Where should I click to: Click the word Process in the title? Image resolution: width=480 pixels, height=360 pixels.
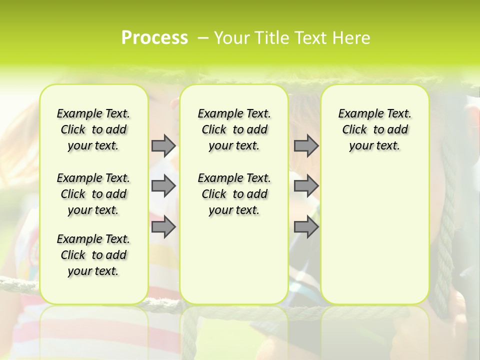point(154,38)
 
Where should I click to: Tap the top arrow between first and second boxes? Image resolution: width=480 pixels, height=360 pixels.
point(163,145)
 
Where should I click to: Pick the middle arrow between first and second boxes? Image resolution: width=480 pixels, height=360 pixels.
point(163,186)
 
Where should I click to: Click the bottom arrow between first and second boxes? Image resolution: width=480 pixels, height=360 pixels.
point(163,227)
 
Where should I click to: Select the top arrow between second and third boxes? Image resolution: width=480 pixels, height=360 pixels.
point(306,145)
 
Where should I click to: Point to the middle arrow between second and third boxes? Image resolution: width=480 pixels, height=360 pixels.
point(306,186)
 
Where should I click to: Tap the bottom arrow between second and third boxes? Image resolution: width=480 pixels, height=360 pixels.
point(306,227)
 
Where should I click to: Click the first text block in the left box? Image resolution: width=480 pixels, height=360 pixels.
point(93,129)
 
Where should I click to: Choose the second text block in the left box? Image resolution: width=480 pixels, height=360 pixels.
point(93,194)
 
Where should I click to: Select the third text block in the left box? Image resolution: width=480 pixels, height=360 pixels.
point(93,255)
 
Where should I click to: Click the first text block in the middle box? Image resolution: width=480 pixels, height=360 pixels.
point(234,129)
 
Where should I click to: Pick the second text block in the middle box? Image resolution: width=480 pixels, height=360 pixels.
point(234,194)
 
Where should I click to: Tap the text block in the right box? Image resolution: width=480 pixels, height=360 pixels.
point(375,129)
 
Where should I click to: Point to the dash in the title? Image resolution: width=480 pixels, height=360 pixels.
point(203,38)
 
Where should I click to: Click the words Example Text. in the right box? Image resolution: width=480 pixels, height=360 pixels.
point(375,114)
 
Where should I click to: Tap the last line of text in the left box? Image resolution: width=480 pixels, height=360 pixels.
point(93,271)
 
